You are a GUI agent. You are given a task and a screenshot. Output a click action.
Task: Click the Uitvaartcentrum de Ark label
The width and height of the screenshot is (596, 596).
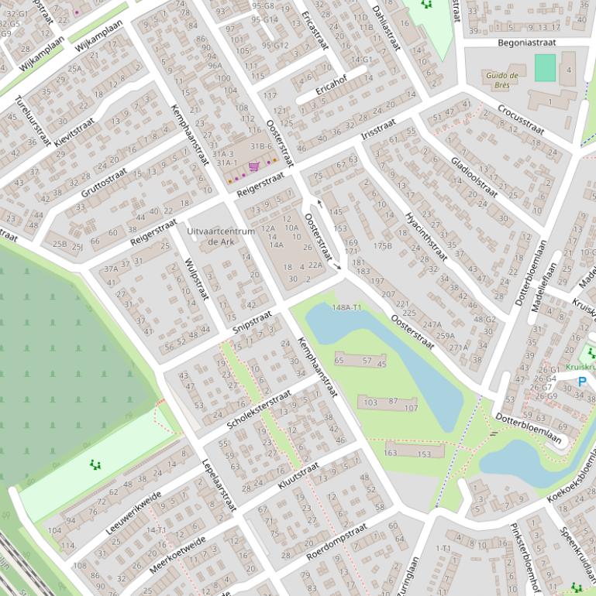(221, 237)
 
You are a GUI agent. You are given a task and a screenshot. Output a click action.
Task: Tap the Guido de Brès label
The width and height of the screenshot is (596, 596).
(501, 80)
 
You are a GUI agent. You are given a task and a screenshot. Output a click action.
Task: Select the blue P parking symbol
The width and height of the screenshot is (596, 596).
(582, 381)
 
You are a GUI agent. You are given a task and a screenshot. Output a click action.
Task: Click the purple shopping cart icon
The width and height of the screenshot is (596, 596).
(253, 166)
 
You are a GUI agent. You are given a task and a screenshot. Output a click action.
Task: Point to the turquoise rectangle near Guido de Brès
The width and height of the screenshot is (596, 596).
(545, 67)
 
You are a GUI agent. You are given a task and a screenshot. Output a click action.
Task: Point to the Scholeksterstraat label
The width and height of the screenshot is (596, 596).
(259, 410)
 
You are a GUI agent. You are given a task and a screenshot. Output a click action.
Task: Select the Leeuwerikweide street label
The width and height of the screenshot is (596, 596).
(133, 512)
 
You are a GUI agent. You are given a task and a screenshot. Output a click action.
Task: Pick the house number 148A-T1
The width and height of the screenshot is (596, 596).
(346, 307)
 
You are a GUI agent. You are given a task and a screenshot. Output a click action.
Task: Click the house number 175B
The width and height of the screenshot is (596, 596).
(383, 245)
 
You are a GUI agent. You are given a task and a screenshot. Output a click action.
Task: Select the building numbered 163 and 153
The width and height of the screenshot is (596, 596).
(414, 451)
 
